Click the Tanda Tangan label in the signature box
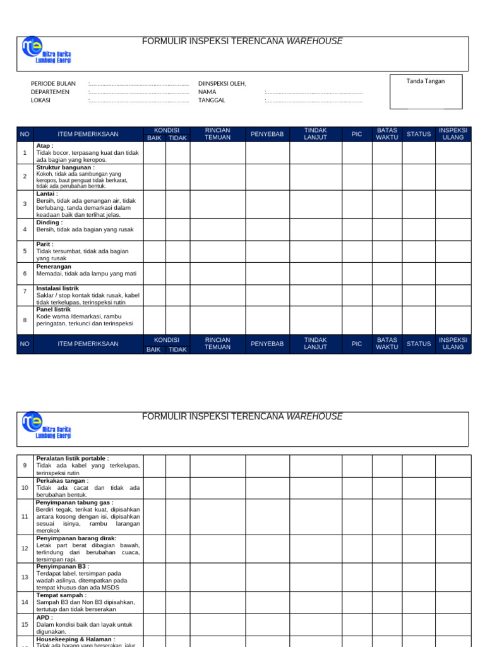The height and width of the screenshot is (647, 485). click(x=426, y=81)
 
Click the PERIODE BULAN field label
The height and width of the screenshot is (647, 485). click(x=53, y=83)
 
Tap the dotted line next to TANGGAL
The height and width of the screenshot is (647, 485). click(x=314, y=100)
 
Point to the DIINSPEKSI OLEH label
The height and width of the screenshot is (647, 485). click(x=222, y=83)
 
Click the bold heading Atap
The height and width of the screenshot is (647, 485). click(x=45, y=145)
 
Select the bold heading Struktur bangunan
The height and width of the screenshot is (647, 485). click(x=66, y=167)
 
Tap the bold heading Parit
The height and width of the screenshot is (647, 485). click(x=45, y=244)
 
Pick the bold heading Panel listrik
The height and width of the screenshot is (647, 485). click(x=54, y=309)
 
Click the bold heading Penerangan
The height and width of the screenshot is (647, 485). click(x=54, y=267)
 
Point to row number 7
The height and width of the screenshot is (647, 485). click(x=25, y=291)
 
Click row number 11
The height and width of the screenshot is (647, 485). click(x=25, y=516)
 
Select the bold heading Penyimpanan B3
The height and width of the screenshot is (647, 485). click(x=63, y=567)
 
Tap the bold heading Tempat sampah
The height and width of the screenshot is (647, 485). click(x=61, y=595)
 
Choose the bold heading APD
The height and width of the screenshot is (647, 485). click(x=45, y=617)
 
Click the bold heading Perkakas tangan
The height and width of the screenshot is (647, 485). click(x=63, y=481)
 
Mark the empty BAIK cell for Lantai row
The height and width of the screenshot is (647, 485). click(x=154, y=204)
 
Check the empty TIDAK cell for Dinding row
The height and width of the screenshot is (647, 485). click(x=178, y=229)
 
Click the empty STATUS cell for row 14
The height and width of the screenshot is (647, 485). click(x=418, y=602)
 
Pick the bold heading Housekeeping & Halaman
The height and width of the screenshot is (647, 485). click(x=76, y=639)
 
